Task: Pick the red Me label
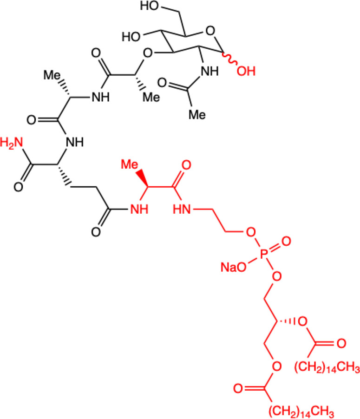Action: point(132,164)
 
